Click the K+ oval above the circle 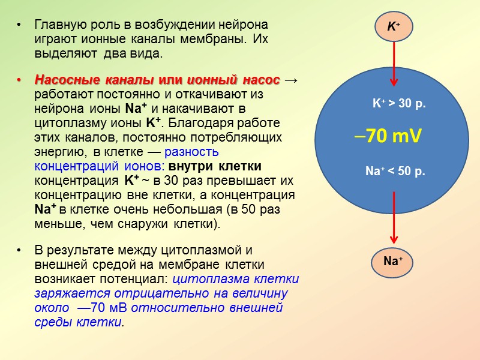(394, 26)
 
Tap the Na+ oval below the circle (393, 261)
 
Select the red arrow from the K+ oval (394, 64)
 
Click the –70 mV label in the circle (389, 137)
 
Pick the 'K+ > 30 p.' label (399, 103)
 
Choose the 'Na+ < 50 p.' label (395, 172)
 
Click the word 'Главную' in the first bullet (57, 26)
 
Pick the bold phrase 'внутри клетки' (215, 166)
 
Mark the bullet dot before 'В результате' (20, 251)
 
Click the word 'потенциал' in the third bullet (141, 279)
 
